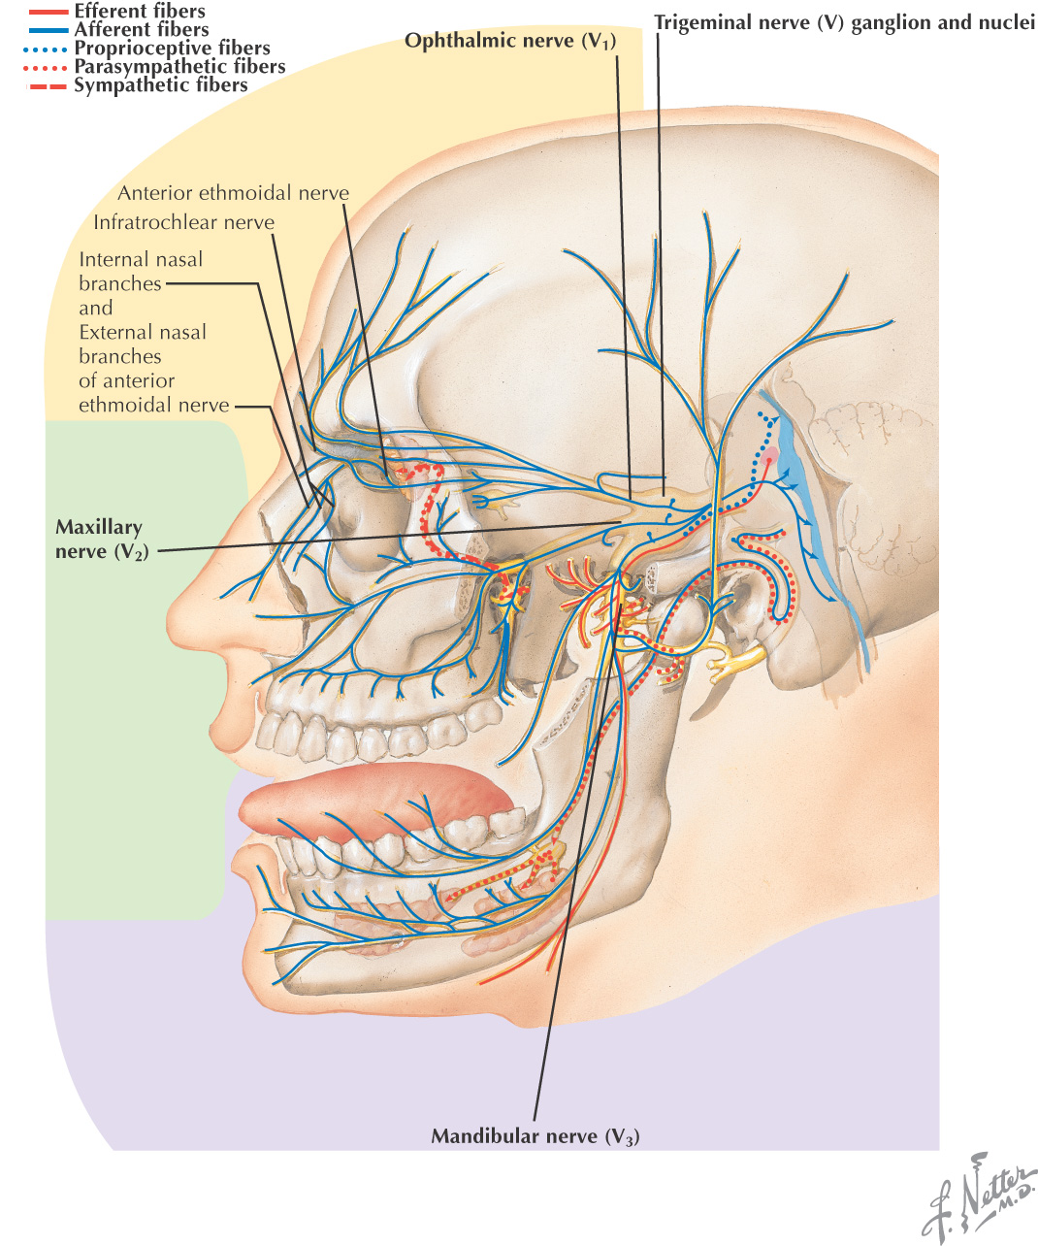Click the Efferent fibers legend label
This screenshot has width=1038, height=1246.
coord(140,12)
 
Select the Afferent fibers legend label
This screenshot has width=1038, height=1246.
coord(142,30)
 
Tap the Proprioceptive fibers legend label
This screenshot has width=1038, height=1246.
coord(172,49)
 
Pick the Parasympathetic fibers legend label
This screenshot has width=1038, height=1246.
coord(179,67)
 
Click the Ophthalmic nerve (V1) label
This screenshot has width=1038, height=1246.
coord(510,41)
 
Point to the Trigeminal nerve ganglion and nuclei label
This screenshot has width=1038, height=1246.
coord(844,21)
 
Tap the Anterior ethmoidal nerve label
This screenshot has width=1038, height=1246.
coord(233,193)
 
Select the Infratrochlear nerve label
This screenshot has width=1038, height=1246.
coord(183,222)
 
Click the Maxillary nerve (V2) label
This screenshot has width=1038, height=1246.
coord(99,540)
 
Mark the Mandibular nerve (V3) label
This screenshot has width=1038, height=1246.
coord(535,1136)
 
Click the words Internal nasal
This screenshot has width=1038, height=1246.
coord(141,259)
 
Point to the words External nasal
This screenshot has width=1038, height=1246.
coord(143,332)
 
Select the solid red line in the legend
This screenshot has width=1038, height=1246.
coord(48,12)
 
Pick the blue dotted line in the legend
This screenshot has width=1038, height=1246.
coord(48,49)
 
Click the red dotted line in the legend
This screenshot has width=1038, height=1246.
coord(48,67)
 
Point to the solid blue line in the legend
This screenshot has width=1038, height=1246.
coord(48,30)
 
